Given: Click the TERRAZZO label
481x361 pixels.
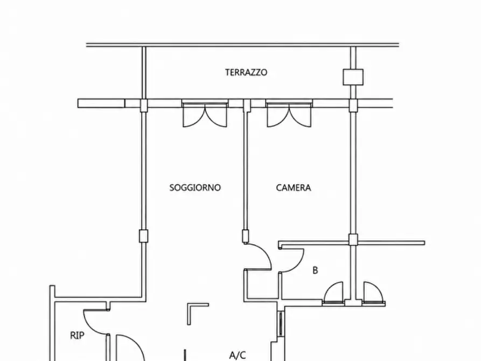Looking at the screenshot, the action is tap(246, 72).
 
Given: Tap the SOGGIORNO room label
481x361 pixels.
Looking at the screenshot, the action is tap(195, 188).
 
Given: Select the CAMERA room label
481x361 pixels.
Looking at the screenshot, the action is tap(293, 188).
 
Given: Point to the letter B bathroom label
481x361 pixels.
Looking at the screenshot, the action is tap(315, 270).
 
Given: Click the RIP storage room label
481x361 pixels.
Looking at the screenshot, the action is tap(77, 336).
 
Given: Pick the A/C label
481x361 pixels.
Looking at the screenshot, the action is tap(238, 355).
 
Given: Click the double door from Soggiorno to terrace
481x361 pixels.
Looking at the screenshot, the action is tap(205, 113).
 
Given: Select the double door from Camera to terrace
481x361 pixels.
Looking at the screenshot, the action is tap(289, 113).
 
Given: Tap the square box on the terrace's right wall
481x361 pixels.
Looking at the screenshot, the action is tap(353, 77).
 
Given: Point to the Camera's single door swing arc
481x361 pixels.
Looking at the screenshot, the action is tap(263, 252).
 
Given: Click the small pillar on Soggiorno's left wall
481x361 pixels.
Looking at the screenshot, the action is tap(143, 236).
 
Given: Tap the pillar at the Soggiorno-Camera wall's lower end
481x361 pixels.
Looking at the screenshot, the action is tap(246, 237).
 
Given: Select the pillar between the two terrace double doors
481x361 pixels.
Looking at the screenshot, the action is tap(247, 105).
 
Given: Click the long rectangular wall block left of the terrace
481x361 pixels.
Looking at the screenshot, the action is tap(101, 103).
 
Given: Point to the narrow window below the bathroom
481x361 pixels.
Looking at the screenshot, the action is tap(281, 323).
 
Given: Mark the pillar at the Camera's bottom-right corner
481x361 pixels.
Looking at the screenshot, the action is tap(353, 240).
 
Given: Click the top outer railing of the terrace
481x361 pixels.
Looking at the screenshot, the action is tap(242, 45).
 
